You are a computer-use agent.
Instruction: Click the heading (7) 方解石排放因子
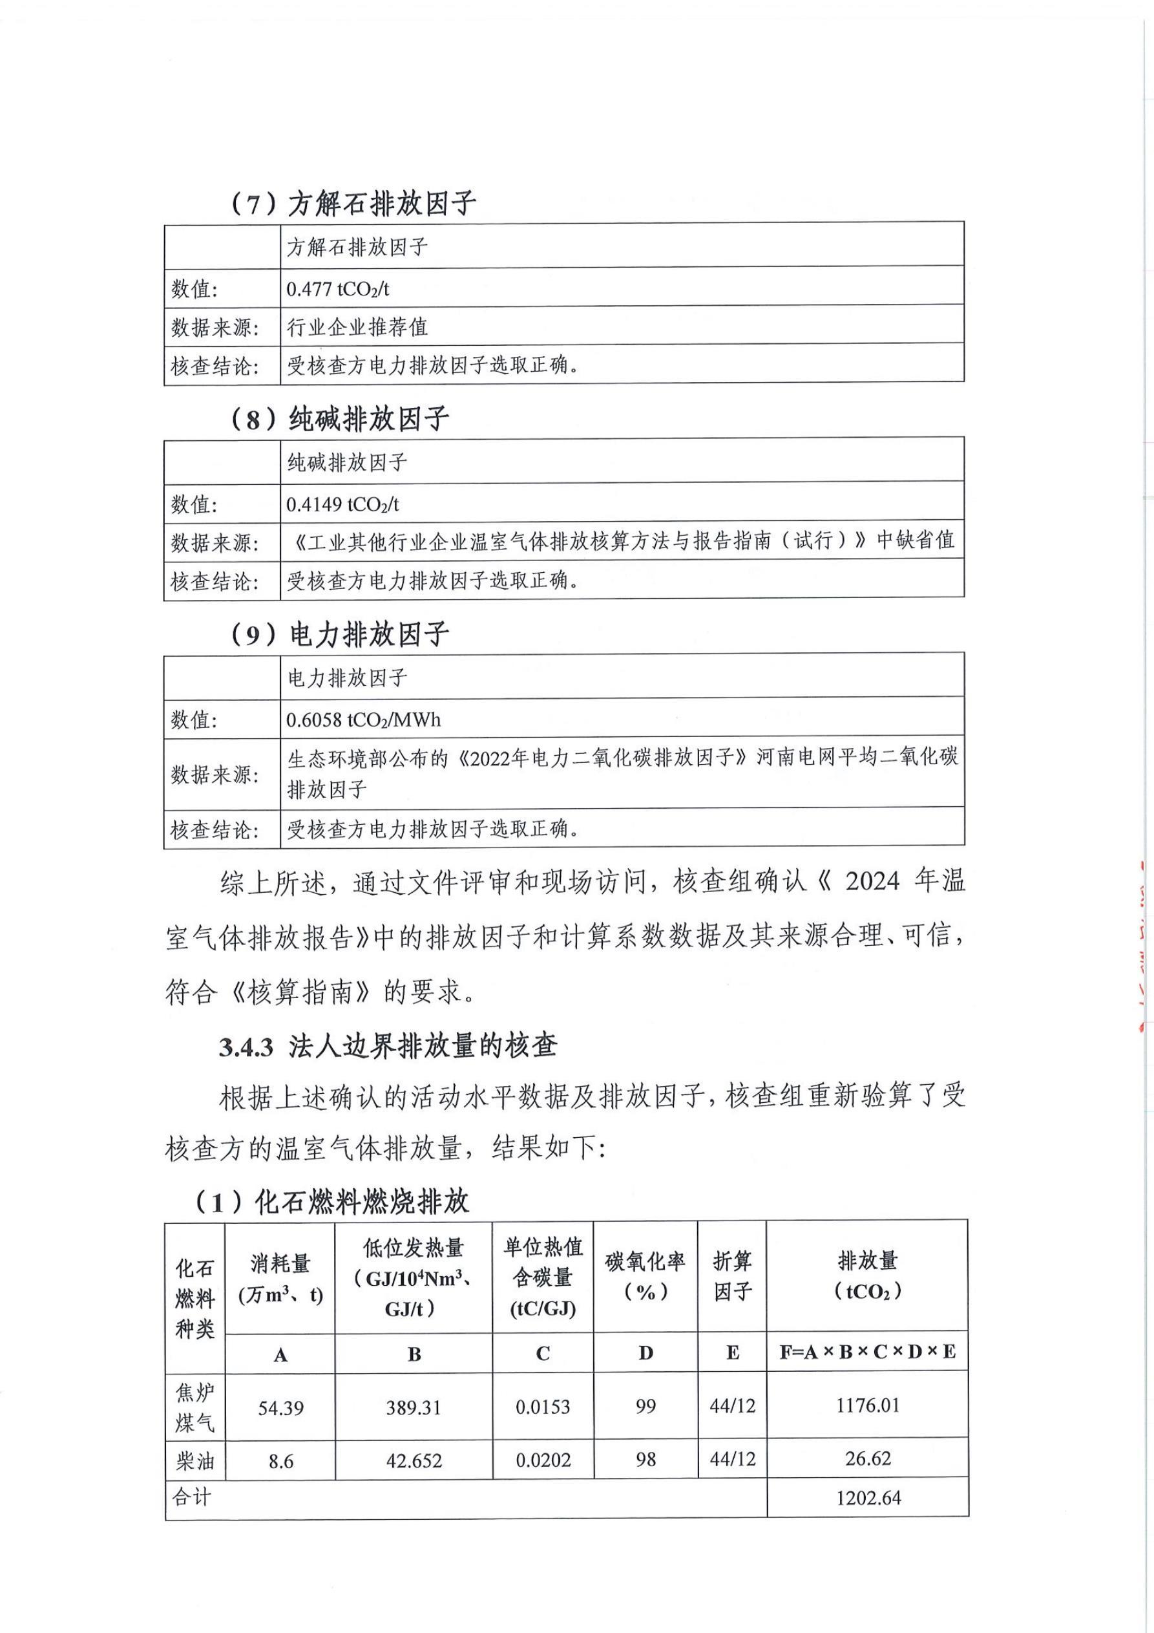(353, 204)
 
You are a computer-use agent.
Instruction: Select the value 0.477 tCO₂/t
(338, 289)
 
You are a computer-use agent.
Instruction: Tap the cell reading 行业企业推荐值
(357, 327)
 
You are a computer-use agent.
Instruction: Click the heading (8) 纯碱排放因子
(340, 419)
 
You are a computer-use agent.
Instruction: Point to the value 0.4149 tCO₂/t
(342, 504)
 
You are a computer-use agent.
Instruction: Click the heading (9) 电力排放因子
(340, 634)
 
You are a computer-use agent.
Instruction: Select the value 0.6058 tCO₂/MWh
(363, 720)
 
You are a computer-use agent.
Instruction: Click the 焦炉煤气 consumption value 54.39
(280, 1408)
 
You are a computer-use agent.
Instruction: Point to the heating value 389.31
(413, 1408)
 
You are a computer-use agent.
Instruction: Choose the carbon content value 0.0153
(543, 1407)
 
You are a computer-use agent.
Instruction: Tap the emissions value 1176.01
(868, 1405)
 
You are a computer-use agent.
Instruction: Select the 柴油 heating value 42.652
(413, 1462)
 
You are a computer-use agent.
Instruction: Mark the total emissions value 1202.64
(868, 1499)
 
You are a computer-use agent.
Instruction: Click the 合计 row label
(191, 1497)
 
